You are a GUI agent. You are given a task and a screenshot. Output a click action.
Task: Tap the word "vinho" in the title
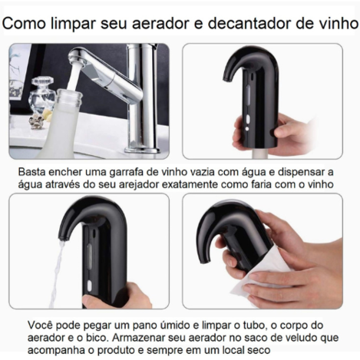coord(336,23)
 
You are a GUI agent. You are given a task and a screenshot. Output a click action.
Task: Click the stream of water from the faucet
coord(74,77)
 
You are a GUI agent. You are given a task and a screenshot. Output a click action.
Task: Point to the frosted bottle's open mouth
coord(69,93)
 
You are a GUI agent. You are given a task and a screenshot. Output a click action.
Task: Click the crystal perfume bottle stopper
coord(42,81)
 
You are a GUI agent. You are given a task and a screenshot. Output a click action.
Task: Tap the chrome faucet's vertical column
coord(142,98)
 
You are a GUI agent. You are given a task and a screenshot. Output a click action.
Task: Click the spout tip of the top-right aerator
coord(226,78)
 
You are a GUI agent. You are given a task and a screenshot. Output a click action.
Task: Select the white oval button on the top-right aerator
coord(247,119)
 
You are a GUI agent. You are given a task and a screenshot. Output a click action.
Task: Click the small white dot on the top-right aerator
coord(247,128)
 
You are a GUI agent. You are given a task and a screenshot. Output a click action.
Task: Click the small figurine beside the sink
coord(36,121)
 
